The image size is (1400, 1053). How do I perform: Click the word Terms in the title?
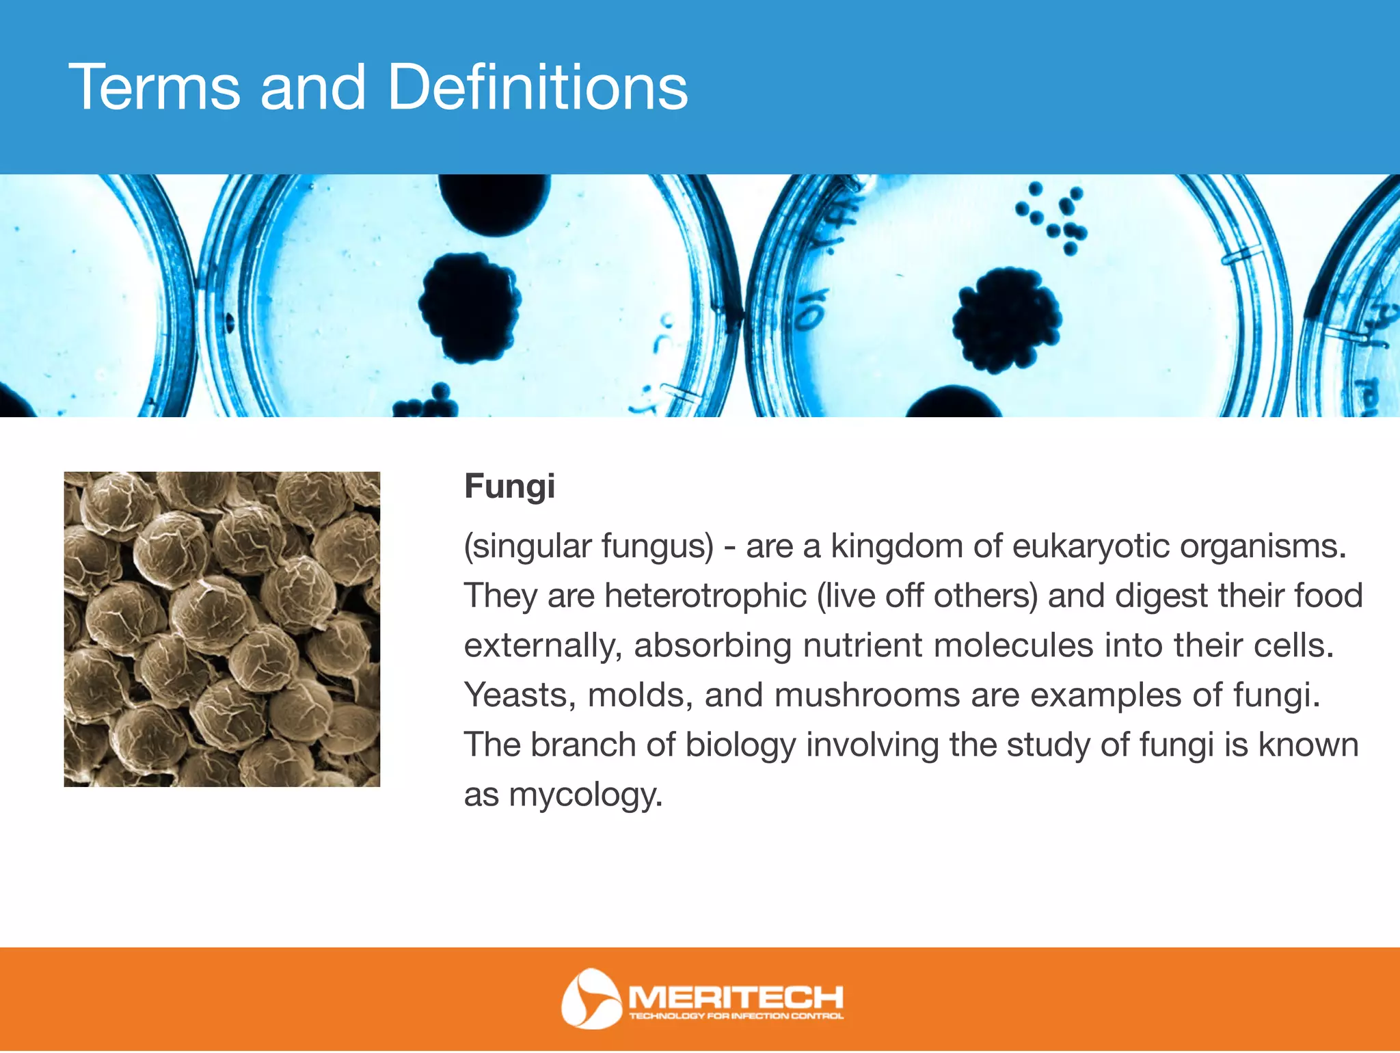coord(154,87)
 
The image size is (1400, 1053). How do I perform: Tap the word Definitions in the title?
coord(537,87)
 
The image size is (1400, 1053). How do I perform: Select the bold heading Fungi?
coord(509,487)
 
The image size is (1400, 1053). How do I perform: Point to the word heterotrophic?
coord(705,596)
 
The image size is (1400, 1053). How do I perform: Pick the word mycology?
coord(585,795)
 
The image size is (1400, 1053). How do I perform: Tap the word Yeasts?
coord(520,695)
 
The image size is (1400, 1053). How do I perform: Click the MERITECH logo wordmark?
coord(736,996)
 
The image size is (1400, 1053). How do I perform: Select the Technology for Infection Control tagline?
coord(736,1016)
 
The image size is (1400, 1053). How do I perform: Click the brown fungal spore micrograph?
coord(221,629)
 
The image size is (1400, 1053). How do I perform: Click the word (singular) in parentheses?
coord(527,546)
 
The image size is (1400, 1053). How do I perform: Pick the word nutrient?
coord(863,645)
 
